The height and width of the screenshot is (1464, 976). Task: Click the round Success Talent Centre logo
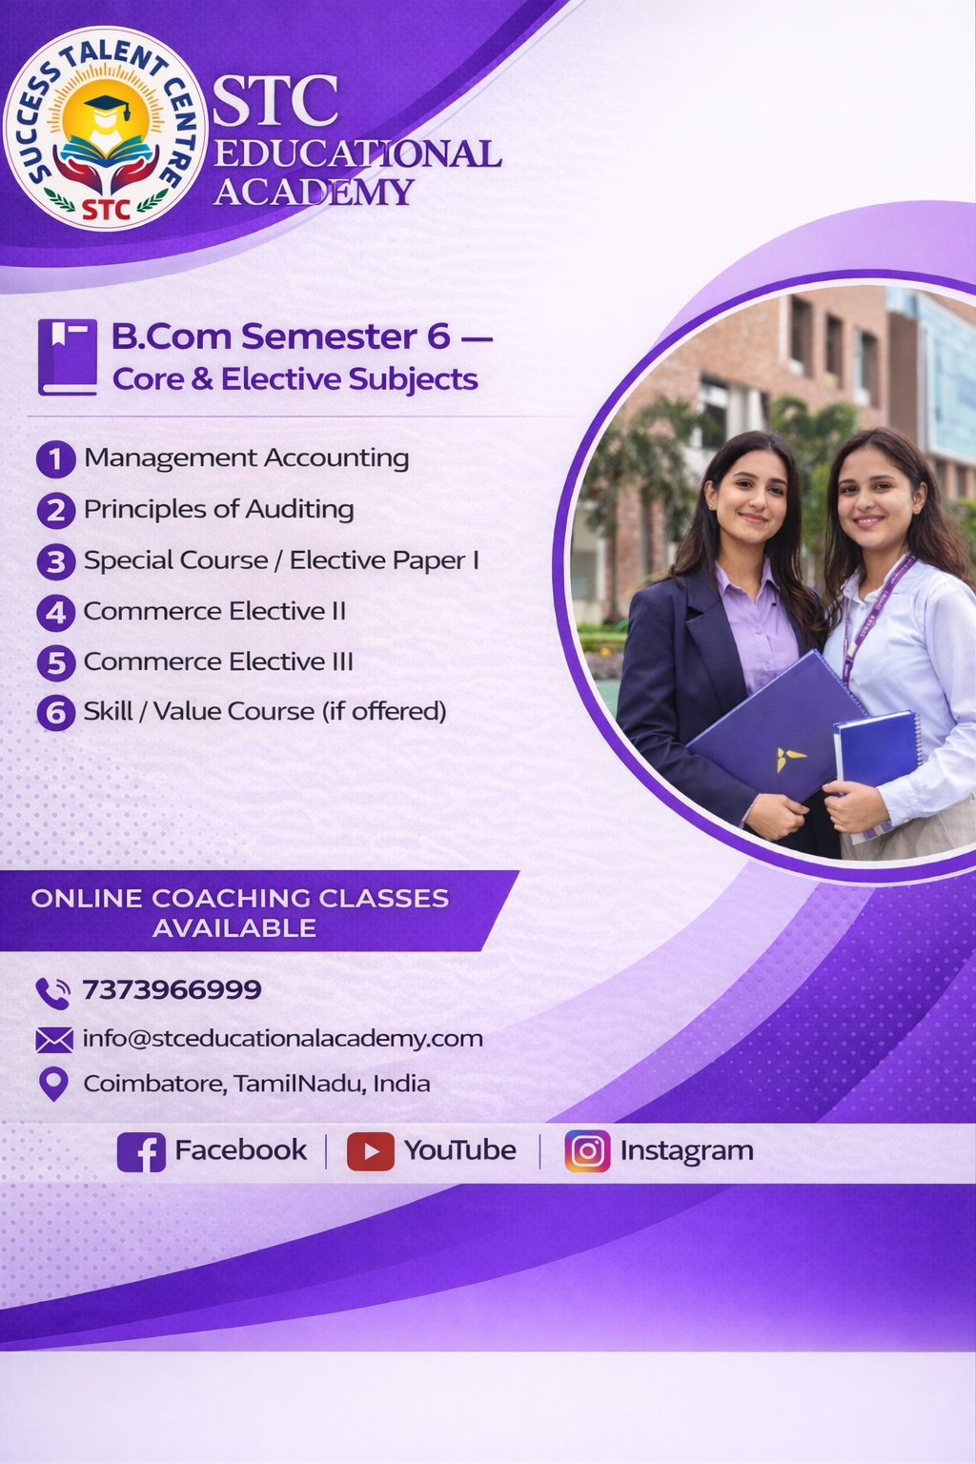(105, 129)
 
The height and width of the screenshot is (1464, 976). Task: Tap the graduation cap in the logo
(108, 107)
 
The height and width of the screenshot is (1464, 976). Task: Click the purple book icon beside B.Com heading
(68, 356)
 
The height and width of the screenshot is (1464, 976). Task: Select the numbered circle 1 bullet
(55, 458)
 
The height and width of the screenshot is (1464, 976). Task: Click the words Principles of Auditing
(219, 509)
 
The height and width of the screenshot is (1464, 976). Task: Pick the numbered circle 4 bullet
(55, 613)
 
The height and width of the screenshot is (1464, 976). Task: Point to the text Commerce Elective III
(218, 661)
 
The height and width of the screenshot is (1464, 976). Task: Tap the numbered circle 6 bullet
(55, 712)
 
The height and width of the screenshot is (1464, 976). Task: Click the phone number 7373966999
(172, 989)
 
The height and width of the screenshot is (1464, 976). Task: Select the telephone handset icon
(52, 993)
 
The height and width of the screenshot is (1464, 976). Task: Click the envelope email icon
(54, 1040)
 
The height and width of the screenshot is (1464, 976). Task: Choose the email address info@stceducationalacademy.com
(282, 1039)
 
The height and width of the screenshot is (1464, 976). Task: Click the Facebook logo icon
(141, 1152)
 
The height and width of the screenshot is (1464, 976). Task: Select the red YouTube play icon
(371, 1151)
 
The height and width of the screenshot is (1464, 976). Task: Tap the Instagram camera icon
(588, 1151)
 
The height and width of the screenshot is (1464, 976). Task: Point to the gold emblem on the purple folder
(790, 759)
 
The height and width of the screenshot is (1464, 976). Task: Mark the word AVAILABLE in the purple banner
(234, 928)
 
